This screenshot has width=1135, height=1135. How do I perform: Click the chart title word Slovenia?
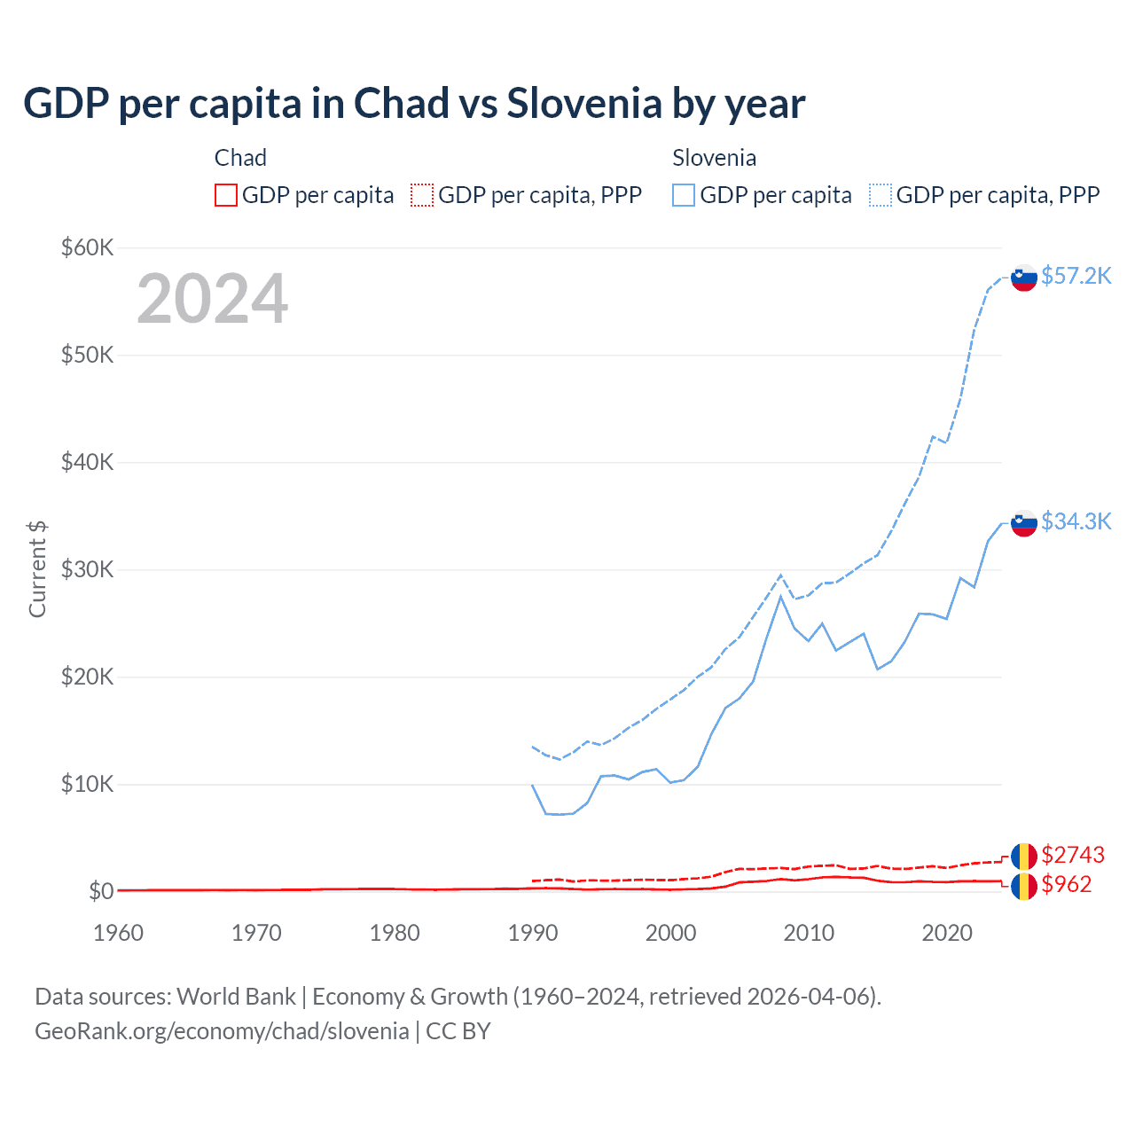(x=584, y=104)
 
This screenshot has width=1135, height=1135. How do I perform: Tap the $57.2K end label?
(x=1076, y=276)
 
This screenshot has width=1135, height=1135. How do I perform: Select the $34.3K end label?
(x=1076, y=521)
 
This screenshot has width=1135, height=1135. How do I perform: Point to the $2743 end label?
(x=1073, y=855)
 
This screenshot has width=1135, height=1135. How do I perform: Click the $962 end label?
(x=1067, y=884)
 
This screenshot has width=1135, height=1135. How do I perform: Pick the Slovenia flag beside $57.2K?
(x=1024, y=278)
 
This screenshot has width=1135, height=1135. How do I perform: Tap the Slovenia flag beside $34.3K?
(x=1024, y=523)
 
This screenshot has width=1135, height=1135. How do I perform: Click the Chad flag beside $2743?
(x=1024, y=857)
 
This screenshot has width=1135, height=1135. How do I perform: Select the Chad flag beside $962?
(x=1024, y=886)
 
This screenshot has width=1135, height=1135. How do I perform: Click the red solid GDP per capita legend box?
(x=226, y=195)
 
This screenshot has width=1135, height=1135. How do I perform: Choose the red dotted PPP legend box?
(x=422, y=195)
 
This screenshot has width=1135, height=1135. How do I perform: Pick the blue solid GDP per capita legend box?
(x=684, y=195)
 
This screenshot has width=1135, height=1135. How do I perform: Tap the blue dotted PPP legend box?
(x=881, y=195)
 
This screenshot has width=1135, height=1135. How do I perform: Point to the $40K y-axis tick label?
(x=87, y=462)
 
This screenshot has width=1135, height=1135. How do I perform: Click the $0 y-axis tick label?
(x=101, y=891)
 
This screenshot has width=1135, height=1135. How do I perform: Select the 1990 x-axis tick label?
(x=533, y=933)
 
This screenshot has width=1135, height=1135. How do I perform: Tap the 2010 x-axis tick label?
(x=809, y=933)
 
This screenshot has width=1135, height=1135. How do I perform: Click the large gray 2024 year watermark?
(x=212, y=299)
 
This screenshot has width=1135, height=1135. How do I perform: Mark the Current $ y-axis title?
(x=37, y=569)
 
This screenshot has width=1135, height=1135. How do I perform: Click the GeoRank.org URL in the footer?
(x=222, y=1031)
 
